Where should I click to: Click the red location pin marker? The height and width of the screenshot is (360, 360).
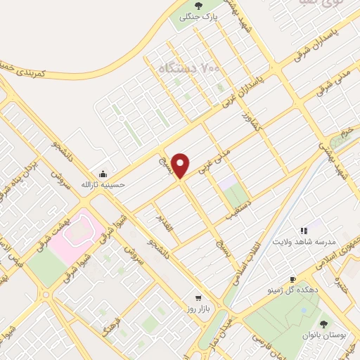pos(181,165)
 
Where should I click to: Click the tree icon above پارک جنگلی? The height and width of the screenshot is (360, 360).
pos(198,6)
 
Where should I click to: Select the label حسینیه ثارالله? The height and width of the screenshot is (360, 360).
pos(104,184)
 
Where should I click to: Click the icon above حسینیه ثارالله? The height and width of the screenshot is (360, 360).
pos(104,174)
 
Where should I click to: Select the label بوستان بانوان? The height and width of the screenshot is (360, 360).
pos(323,335)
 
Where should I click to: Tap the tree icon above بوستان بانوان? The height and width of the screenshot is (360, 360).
pos(323,324)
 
